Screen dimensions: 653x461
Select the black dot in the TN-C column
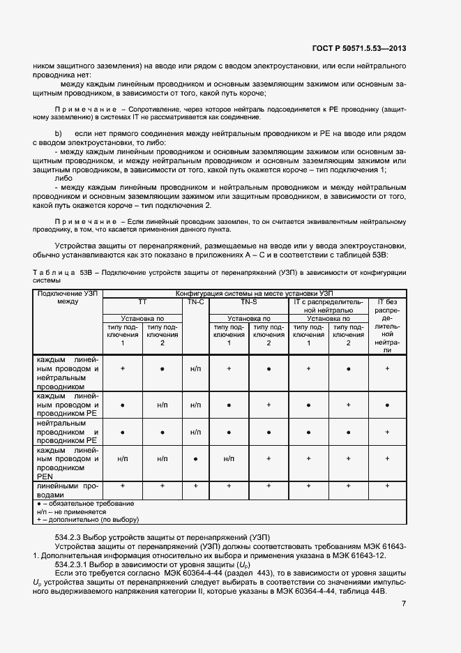click(x=195, y=459)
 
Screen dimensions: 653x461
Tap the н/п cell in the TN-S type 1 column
click(x=229, y=459)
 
